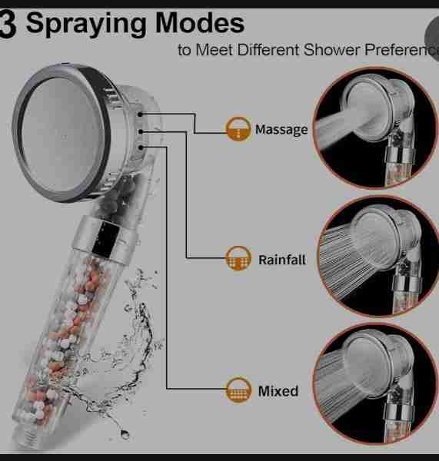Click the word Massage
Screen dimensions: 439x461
[281, 130]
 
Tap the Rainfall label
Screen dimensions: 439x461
[282, 260]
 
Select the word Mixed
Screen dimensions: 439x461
[278, 391]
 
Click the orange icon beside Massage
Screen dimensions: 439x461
[238, 129]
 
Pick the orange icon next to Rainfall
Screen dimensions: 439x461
[238, 258]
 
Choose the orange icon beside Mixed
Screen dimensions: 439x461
[238, 390]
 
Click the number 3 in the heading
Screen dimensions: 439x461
[8, 24]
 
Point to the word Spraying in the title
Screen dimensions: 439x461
[86, 24]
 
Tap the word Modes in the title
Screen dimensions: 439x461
[200, 23]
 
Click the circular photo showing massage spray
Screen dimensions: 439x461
[375, 128]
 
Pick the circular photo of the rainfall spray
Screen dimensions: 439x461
[377, 256]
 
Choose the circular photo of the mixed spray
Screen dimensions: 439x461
[375, 383]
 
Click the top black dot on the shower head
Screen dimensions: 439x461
[141, 114]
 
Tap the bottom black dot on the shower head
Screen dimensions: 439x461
[141, 148]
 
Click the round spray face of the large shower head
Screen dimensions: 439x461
[62, 134]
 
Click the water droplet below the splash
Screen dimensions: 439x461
[125, 434]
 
